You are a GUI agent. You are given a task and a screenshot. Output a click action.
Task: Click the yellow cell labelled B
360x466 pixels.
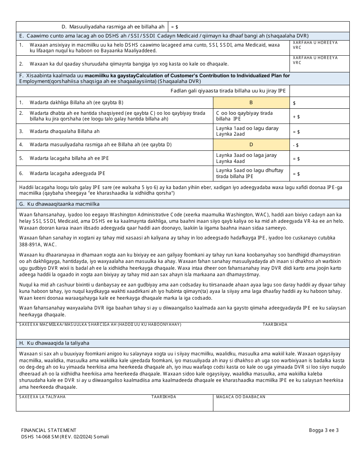251,103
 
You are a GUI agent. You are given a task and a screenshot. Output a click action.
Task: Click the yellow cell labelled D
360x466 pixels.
251,145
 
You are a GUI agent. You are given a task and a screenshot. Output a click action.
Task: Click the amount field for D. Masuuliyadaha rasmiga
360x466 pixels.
258,27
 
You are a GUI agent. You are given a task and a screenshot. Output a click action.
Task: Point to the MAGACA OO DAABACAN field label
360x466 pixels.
241,397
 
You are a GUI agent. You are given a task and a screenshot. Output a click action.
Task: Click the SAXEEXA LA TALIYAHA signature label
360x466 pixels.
42,397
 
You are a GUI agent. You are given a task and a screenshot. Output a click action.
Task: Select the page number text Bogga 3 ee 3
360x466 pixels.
324,430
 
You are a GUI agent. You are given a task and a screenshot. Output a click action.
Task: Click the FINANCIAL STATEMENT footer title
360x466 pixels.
49,430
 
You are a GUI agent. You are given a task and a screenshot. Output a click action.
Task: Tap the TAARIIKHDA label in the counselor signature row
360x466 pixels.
164,397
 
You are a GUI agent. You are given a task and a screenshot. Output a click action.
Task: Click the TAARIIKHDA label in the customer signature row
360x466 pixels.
275,325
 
